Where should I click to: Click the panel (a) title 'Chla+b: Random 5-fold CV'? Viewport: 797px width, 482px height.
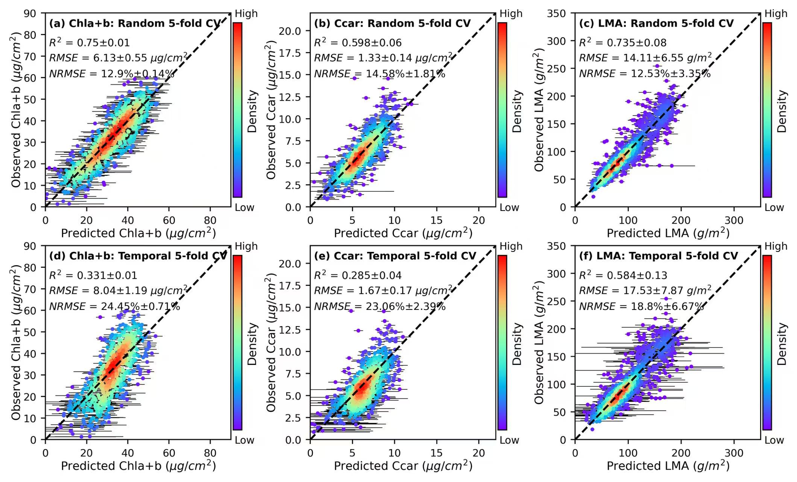[x=135, y=23]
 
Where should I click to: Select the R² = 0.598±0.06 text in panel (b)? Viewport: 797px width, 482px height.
[x=358, y=43]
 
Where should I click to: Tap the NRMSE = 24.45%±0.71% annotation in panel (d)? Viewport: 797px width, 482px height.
[x=114, y=307]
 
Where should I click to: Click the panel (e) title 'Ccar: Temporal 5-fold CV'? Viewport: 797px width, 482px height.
[x=395, y=256]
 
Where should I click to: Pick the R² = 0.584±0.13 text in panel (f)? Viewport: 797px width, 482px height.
[x=623, y=275]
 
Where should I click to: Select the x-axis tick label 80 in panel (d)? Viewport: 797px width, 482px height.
[x=210, y=453]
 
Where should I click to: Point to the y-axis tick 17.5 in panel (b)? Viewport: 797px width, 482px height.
[x=290, y=53]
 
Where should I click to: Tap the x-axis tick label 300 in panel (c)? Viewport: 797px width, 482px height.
[x=734, y=220]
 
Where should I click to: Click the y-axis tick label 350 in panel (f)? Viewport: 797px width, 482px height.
[x=557, y=246]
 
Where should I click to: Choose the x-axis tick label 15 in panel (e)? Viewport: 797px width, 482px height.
[x=437, y=453]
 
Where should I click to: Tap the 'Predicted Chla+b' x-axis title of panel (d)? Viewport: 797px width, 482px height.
[x=138, y=466]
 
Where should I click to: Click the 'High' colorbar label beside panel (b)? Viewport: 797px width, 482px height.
[x=511, y=14]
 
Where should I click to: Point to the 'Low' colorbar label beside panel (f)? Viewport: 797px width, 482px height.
[x=774, y=440]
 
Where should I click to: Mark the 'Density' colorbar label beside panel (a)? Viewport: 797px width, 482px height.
[x=252, y=111]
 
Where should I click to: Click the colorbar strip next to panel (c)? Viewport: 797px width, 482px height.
[x=767, y=109]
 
